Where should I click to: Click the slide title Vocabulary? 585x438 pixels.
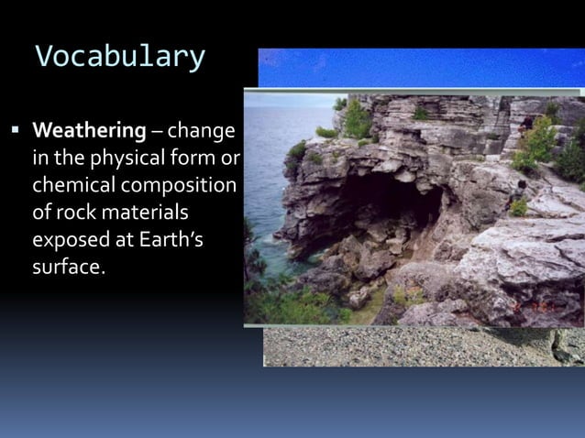119,57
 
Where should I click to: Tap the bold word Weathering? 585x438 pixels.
89,131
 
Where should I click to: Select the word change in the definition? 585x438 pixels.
200,131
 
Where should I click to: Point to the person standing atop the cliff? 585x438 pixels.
524,128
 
